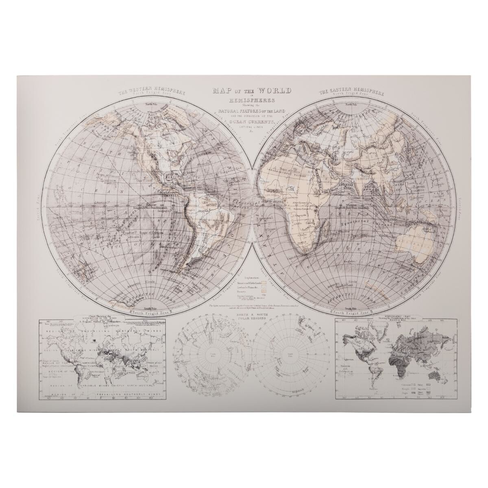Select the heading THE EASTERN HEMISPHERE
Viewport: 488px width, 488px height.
(x=345, y=91)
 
